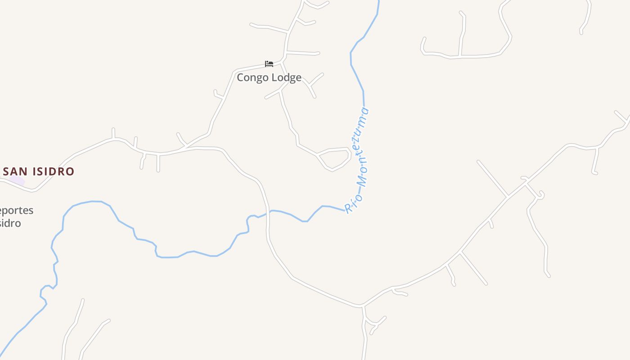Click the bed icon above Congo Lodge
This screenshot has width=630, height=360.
269,64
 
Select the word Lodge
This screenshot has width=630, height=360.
286,77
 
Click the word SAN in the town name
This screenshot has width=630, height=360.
16,171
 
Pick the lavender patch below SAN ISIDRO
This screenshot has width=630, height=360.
17,181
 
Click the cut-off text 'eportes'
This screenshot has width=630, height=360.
17,211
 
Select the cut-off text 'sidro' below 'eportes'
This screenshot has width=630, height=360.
10,223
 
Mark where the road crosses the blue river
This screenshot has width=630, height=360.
268,212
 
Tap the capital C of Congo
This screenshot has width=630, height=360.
240,77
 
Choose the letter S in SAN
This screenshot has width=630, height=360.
6,171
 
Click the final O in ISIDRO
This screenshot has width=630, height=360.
70,171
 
